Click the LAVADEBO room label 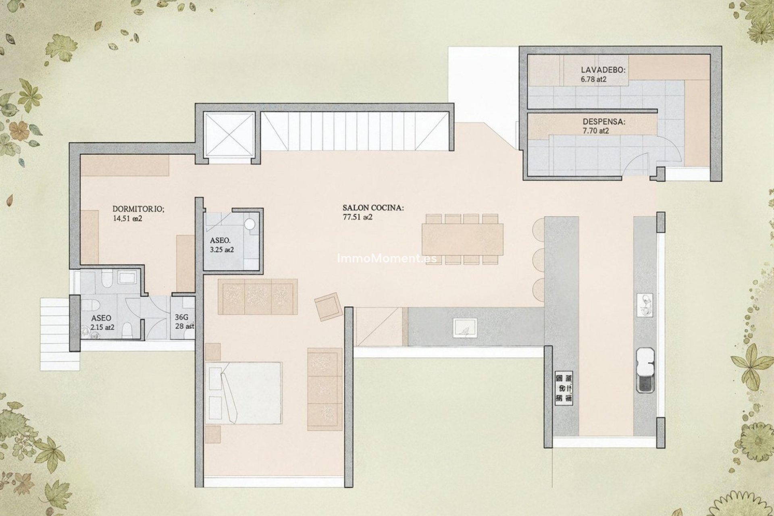coord(603,70)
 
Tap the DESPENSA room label coord(603,122)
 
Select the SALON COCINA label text coord(373,208)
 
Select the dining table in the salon coord(462,239)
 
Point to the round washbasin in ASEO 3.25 coord(251,224)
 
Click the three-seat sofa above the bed coord(258,297)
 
